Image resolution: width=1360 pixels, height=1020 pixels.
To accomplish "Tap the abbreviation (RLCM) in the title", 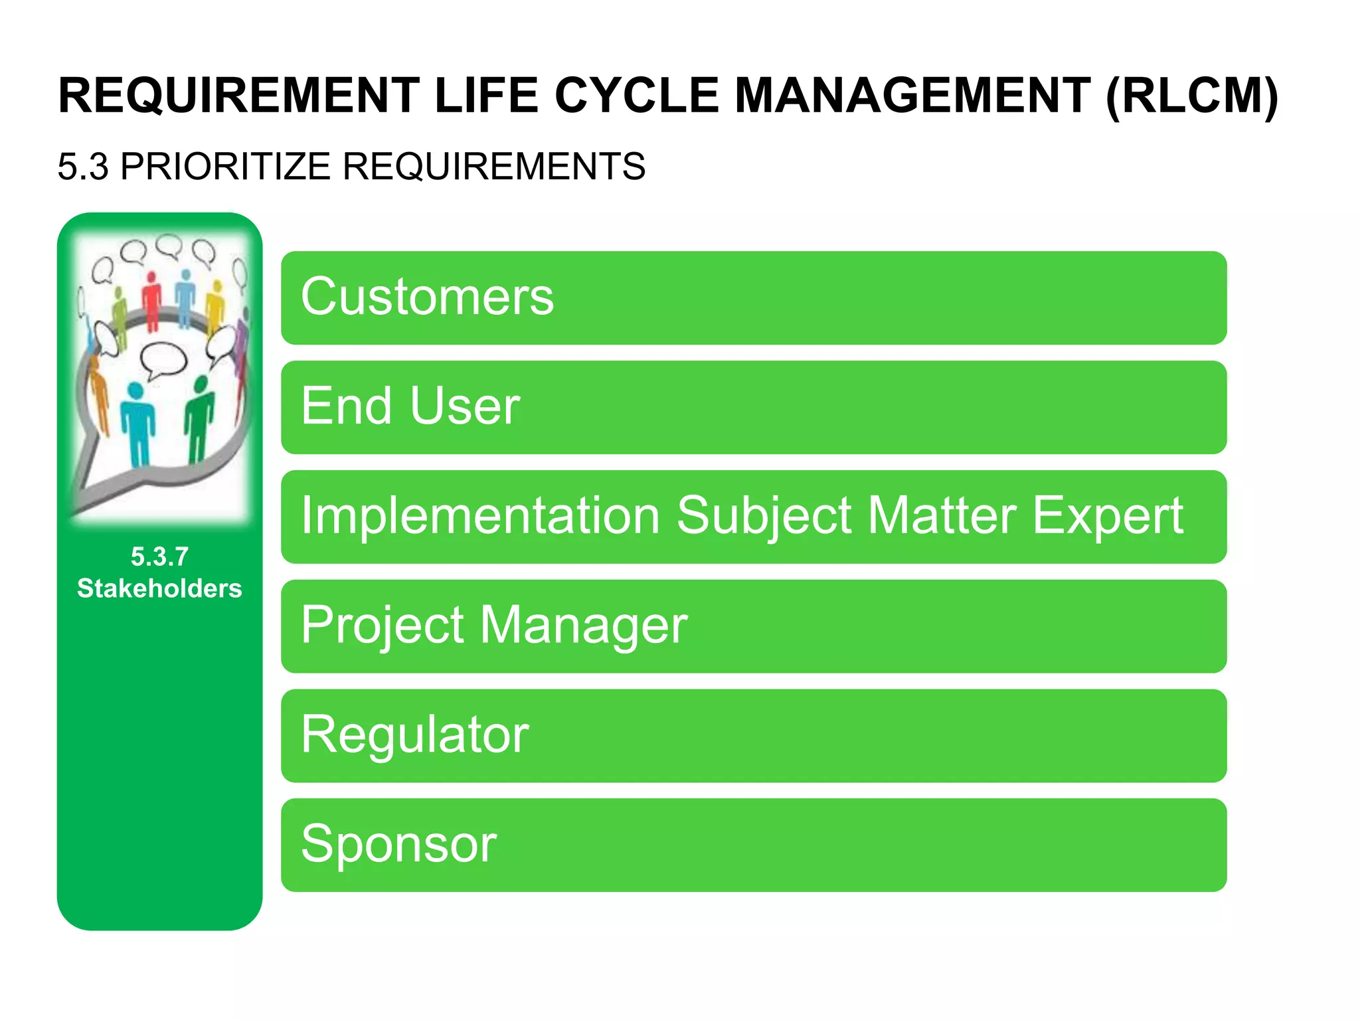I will click(1191, 96).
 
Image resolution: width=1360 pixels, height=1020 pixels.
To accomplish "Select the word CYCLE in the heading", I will click(636, 96).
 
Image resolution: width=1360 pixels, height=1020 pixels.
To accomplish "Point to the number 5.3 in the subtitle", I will click(82, 166).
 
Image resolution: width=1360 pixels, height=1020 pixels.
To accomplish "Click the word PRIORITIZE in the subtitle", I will click(225, 166).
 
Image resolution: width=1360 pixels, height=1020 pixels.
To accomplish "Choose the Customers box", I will click(753, 297).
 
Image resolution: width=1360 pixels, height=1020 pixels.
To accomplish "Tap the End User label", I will click(410, 406).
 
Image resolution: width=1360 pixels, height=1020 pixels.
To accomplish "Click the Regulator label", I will click(414, 734).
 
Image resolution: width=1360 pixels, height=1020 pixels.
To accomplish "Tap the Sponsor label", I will click(398, 844).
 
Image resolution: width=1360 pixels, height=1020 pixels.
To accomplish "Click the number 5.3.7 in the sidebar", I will click(159, 556).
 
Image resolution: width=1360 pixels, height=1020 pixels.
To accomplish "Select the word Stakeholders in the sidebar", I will click(159, 588).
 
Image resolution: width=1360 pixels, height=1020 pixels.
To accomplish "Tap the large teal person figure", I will click(137, 425).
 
